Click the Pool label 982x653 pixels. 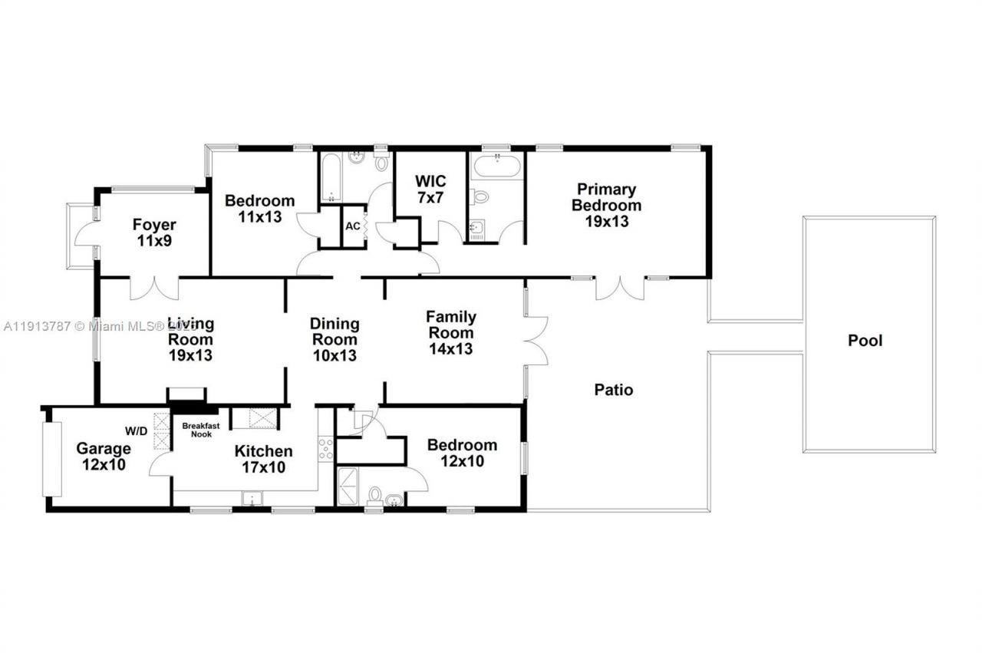(865, 340)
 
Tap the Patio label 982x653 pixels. (614, 390)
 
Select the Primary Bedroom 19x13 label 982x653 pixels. (606, 205)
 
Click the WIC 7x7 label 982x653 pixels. (430, 190)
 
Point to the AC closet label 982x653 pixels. (353, 226)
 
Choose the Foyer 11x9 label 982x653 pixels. (154, 233)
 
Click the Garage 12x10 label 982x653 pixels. (103, 456)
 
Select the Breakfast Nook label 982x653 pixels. (201, 430)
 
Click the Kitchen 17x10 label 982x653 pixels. (263, 459)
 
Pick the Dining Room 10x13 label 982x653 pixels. (334, 339)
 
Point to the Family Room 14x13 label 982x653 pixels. (451, 332)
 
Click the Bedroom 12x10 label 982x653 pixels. (462, 453)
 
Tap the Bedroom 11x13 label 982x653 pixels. (259, 209)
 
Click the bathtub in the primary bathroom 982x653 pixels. (497, 166)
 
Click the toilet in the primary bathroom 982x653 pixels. (480, 197)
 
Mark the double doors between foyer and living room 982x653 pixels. (154, 288)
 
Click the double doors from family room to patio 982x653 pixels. (537, 339)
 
